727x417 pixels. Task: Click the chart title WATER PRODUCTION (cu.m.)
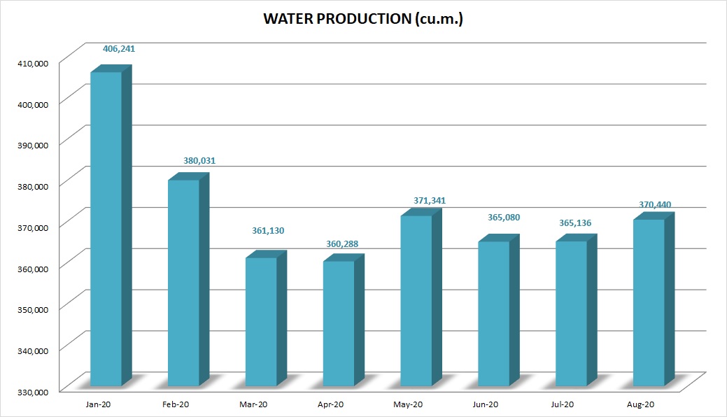[x=363, y=20]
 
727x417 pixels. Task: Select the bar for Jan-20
[x=106, y=231]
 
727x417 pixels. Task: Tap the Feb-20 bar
[x=183, y=283]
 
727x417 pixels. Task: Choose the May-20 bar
[x=416, y=301]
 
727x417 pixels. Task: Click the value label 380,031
[x=199, y=161]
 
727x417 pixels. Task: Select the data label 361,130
[x=269, y=231]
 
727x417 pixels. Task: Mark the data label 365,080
[x=503, y=218]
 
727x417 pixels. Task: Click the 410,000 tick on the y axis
[x=33, y=63]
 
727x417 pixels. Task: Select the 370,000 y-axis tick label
[x=33, y=227]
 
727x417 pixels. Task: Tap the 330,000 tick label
[x=33, y=392]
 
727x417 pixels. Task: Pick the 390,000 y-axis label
[x=33, y=145]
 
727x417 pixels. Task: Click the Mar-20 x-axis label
[x=253, y=404]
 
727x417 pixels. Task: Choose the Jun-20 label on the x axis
[x=485, y=404]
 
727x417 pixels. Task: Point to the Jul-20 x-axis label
[x=563, y=404]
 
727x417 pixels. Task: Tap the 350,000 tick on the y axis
[x=33, y=309]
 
